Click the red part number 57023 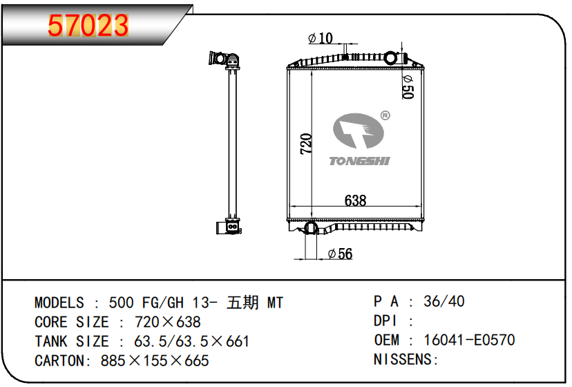tap(88, 26)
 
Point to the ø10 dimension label tap(321, 38)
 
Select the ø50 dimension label tap(408, 87)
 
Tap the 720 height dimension tap(306, 144)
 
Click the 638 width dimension tap(355, 200)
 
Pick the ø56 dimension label tap(340, 254)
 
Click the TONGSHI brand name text tap(359, 161)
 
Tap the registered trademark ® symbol tap(385, 115)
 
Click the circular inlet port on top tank tap(390, 57)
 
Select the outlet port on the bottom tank tap(311, 227)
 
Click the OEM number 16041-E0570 tap(469, 340)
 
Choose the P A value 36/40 tap(444, 301)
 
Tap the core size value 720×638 tap(168, 322)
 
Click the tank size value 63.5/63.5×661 tap(191, 341)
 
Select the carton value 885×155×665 tap(155, 361)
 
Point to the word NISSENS tap(402, 359)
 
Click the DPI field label tap(385, 321)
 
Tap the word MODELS tap(59, 303)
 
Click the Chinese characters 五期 tap(242, 303)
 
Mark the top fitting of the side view tap(225, 60)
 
